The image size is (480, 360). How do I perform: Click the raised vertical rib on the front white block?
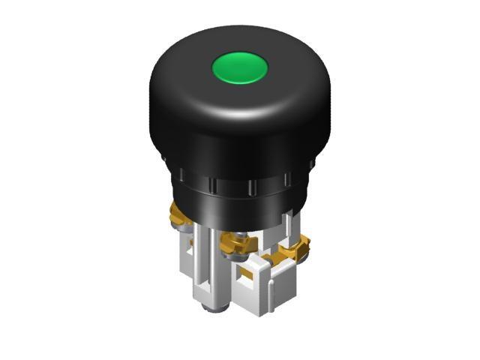262,289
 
